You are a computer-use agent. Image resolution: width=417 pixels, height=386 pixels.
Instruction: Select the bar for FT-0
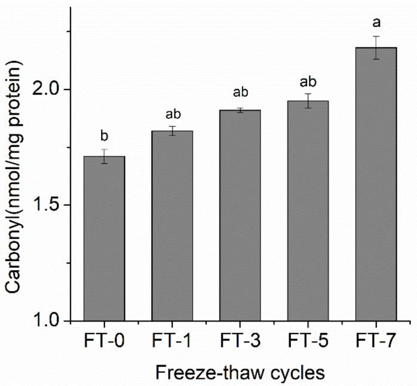click(x=104, y=239)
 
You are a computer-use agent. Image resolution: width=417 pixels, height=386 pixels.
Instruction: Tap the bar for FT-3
click(x=240, y=216)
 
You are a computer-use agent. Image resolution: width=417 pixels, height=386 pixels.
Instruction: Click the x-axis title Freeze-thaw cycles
click(x=240, y=372)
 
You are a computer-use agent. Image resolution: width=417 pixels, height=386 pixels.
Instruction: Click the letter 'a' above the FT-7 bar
click(x=376, y=23)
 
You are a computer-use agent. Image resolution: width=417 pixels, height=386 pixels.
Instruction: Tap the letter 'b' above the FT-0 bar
click(x=104, y=135)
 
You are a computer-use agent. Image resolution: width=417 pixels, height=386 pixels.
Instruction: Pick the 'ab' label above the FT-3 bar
click(x=240, y=93)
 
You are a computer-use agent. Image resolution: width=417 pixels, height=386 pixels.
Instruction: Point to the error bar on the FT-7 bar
click(x=376, y=48)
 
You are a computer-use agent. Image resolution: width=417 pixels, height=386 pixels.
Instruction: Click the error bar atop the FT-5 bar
click(x=308, y=101)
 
